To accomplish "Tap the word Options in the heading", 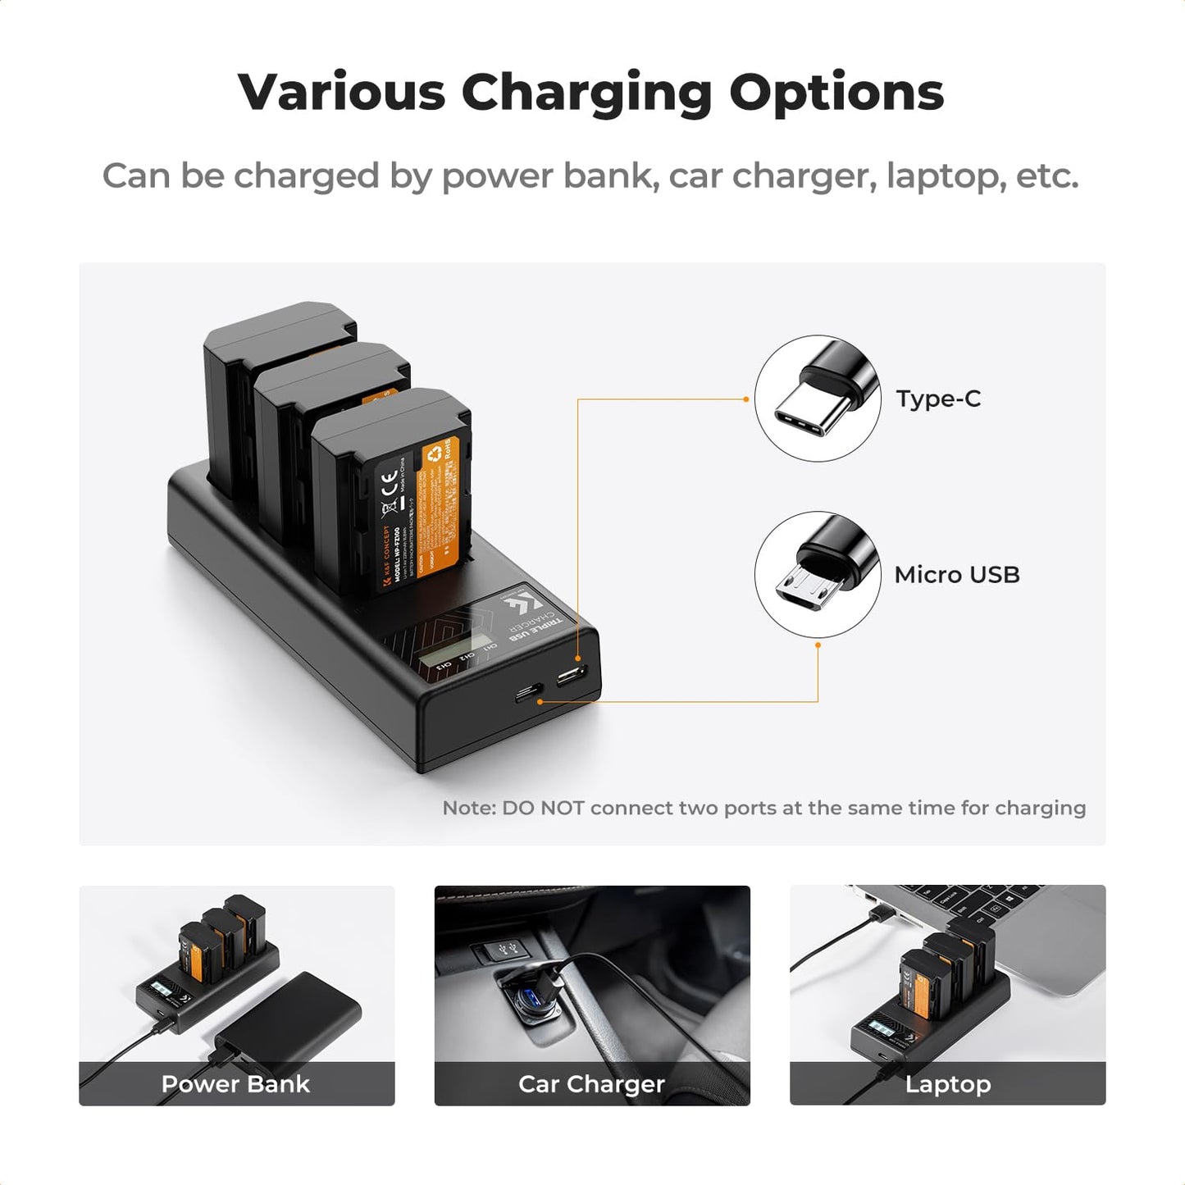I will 836,93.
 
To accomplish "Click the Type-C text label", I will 938,399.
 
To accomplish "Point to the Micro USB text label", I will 957,575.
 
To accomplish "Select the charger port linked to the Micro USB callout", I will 529,694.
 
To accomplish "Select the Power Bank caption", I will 236,1084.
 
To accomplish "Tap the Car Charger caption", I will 591,1084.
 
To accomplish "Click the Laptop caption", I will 947,1084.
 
